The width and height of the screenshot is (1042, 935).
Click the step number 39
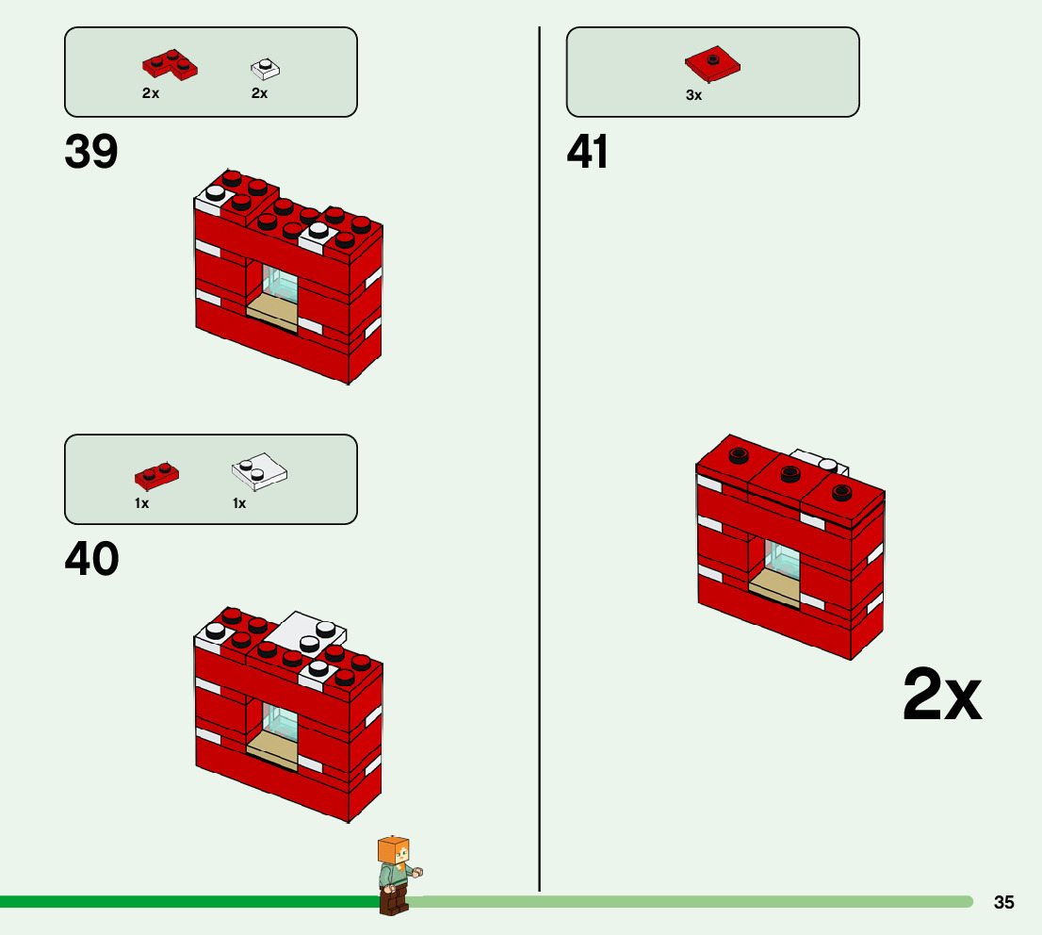pos(91,153)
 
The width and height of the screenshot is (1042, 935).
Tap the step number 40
pos(91,560)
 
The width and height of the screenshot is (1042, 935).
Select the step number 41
pos(588,153)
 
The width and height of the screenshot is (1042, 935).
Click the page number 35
pos(1004,903)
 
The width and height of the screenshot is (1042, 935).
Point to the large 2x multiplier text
pos(941,696)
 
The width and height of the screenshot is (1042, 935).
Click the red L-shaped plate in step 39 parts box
pos(171,64)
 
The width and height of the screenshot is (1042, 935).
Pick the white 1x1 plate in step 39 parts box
pos(266,69)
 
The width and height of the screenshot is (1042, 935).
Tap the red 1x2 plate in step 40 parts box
pos(157,474)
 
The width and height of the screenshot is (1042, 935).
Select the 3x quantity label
pos(694,95)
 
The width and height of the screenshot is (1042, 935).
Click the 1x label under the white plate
pos(239,503)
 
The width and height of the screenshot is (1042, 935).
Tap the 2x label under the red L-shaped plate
pos(151,93)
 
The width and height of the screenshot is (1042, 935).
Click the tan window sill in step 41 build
pos(774,585)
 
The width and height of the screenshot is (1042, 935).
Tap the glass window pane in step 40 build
pos(281,722)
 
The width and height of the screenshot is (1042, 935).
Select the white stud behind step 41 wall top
pos(828,464)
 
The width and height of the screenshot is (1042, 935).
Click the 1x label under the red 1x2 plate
pos(141,503)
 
